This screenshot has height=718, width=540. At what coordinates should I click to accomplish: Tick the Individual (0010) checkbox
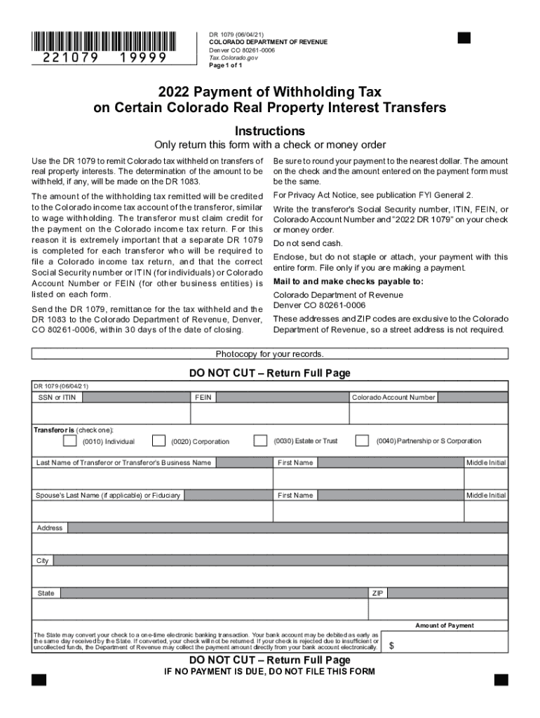point(69,441)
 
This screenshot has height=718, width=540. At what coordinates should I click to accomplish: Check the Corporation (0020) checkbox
point(159,441)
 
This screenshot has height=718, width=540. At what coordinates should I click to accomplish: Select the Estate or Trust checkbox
point(260,440)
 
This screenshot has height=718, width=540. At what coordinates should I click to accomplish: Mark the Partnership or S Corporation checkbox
point(362,440)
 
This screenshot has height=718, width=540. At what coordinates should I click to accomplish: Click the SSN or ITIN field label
point(57,398)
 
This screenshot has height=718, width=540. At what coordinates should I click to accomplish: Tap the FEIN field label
point(203,398)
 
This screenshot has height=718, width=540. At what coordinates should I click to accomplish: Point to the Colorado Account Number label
point(393,398)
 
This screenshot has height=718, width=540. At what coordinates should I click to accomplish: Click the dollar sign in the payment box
point(391,647)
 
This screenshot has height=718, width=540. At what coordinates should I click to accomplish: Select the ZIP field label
point(378,593)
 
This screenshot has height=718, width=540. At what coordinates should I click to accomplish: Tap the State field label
point(46,593)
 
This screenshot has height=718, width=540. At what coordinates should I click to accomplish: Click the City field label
point(43,561)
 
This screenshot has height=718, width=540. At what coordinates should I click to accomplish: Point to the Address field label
point(49,528)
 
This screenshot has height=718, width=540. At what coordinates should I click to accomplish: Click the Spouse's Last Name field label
point(108,496)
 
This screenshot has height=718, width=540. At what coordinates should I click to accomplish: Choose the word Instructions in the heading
point(269,131)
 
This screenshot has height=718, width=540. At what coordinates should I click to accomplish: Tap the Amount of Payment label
point(444,625)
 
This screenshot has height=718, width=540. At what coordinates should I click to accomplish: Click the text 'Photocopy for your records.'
point(269,354)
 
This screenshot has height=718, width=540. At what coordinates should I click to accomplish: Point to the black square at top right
point(464,38)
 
